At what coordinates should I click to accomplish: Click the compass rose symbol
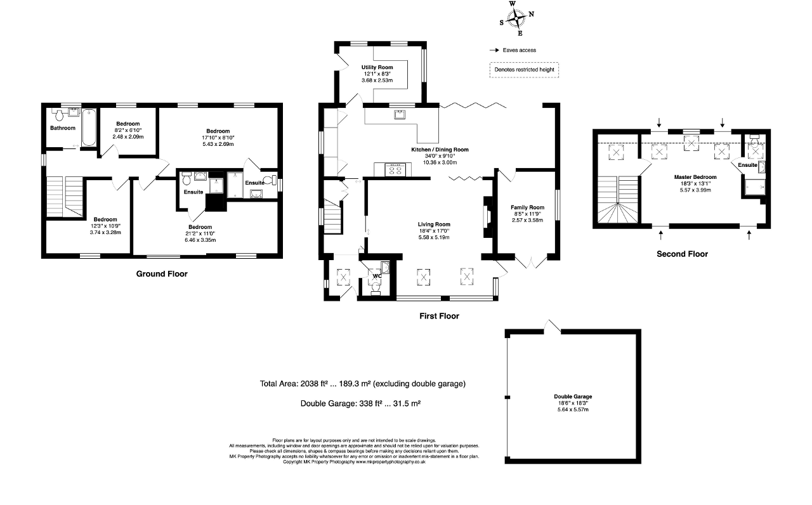tap(516, 18)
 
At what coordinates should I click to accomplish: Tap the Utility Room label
tap(377, 67)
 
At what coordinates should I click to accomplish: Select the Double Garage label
tap(573, 397)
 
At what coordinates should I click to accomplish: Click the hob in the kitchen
tap(395, 169)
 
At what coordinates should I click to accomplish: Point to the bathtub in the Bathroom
tap(88, 128)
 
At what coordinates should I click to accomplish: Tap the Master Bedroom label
tap(695, 177)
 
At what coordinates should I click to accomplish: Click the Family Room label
tap(527, 207)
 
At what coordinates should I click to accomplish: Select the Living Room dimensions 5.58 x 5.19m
tap(434, 237)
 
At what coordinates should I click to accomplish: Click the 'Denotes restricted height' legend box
tap(524, 70)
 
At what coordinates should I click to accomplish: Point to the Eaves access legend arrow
tap(494, 50)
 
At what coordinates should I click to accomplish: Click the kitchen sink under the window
tap(400, 115)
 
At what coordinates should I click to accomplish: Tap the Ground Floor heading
tap(162, 273)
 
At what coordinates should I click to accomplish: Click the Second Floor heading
tap(682, 254)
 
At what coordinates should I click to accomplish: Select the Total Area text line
tap(362, 384)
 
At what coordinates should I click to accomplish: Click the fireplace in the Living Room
tap(487, 218)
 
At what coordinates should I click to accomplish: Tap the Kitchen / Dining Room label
tap(440, 149)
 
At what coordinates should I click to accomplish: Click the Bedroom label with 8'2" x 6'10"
tap(128, 124)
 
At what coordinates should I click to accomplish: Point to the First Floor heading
tap(440, 316)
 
